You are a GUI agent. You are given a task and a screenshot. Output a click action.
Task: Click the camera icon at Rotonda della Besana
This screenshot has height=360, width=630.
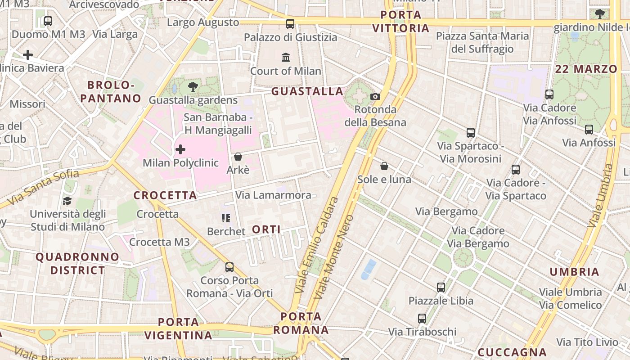[375, 96]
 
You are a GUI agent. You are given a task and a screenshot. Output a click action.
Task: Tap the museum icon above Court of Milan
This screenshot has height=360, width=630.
[286, 57]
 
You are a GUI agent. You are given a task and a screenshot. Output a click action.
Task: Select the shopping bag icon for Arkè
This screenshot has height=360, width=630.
[238, 157]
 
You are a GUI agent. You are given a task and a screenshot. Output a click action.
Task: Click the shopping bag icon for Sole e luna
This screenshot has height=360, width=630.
[384, 166]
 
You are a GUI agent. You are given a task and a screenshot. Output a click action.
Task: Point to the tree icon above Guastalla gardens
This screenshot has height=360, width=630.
[193, 87]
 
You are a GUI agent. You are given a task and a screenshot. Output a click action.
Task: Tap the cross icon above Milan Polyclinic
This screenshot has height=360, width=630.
[180, 149]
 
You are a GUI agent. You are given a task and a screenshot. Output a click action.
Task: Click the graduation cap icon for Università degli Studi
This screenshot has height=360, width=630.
[67, 201]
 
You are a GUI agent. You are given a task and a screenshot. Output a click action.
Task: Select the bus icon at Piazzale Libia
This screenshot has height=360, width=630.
[441, 287]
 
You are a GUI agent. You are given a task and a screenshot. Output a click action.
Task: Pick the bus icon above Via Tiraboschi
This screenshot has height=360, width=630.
[422, 319]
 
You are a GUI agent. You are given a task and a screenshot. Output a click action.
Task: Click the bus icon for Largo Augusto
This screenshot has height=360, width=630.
[290, 23]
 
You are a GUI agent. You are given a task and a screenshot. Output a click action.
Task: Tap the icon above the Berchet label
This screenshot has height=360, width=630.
[226, 218]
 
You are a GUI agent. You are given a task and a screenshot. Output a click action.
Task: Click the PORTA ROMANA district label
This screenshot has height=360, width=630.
[301, 323]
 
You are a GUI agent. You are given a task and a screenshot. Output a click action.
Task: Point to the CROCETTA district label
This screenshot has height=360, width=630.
[165, 195]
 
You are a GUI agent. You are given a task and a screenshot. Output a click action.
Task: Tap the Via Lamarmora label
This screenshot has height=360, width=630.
[273, 195]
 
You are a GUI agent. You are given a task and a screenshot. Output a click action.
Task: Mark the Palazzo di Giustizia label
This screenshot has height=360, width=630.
[290, 37]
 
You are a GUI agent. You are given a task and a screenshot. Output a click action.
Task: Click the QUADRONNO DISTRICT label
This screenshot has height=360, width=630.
[77, 264]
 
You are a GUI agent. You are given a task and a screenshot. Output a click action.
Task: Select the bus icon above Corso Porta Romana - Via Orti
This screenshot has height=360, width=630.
[229, 267]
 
